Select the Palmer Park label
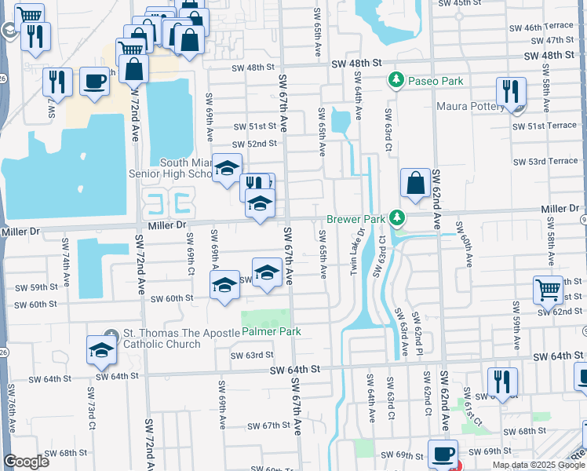tap(271, 332)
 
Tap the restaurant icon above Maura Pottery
tap(510, 92)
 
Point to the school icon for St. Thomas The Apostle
tap(101, 351)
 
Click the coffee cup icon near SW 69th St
tap(443, 454)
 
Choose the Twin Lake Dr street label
tap(363, 251)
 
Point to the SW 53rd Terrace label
tap(545, 161)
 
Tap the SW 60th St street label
tap(172, 298)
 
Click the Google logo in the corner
tap(27, 462)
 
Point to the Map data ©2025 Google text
tap(534, 465)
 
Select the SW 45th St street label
tap(461, 4)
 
